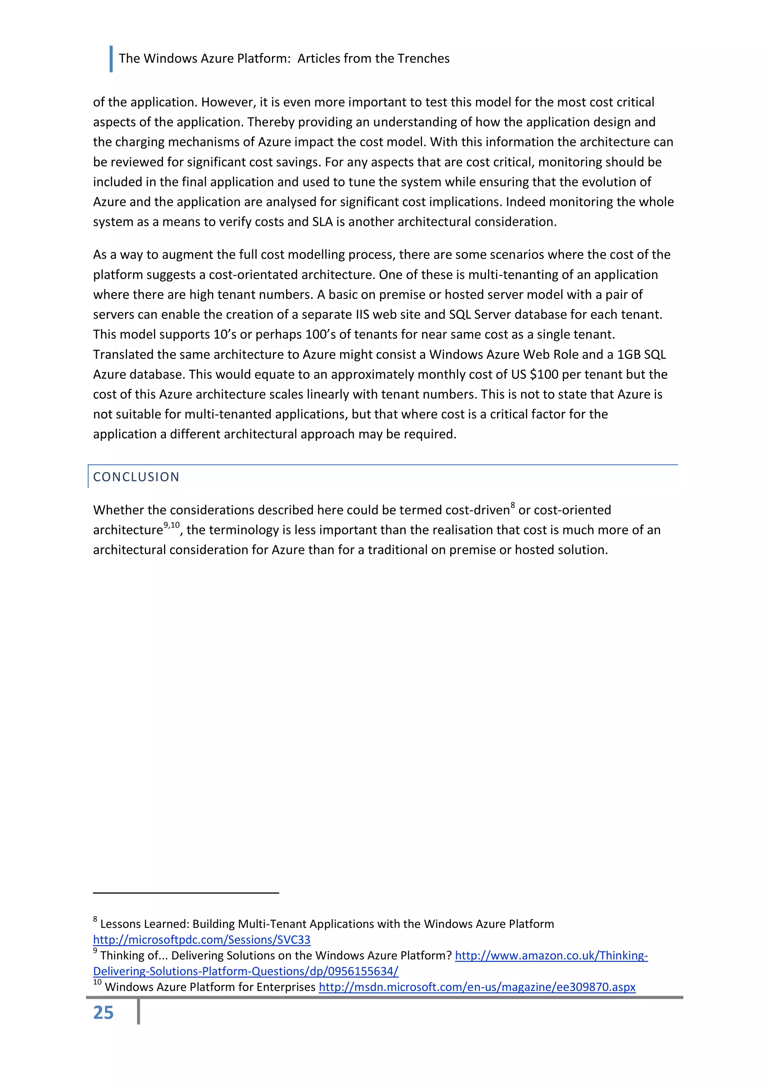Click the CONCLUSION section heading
coord(136,477)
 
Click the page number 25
coord(103,1013)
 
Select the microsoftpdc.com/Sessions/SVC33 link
coord(202,939)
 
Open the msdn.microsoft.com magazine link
coord(477,987)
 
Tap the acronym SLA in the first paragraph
coord(323,222)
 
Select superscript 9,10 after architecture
coord(172,525)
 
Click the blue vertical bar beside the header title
coord(111,59)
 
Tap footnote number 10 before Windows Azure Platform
coord(97,982)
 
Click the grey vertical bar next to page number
coord(138,1011)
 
